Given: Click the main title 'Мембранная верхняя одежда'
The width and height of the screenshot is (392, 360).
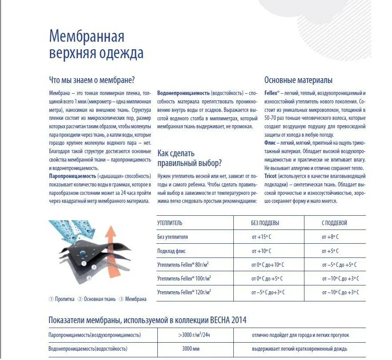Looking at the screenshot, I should coord(96,44).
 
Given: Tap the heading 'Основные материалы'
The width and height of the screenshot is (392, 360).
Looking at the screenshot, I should coord(298,80).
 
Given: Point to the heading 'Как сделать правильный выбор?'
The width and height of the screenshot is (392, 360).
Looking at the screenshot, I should coord(189,158).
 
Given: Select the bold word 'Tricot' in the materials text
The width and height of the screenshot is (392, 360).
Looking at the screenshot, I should coord(270,176).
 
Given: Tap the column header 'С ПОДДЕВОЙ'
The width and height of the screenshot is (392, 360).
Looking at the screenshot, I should coord(334,223).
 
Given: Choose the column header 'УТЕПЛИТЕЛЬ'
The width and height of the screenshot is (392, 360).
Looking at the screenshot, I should coord(170,223).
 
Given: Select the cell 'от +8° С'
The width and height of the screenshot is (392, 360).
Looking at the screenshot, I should coord(331,237).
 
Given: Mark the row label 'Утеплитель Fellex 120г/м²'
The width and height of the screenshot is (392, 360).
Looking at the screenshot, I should coord(184,292).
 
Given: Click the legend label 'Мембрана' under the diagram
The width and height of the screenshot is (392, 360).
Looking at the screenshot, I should coord(136,299).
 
